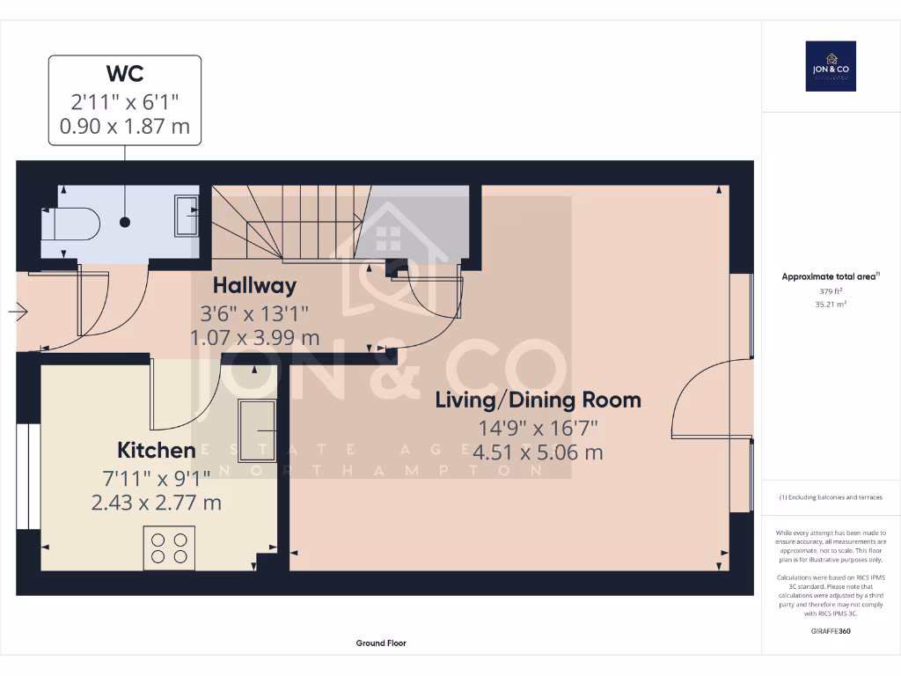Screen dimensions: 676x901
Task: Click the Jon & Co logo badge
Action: point(831,66)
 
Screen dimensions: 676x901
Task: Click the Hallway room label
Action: point(254,285)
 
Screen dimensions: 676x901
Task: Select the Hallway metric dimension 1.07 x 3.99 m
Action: point(254,336)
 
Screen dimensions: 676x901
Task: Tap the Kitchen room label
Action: point(157,451)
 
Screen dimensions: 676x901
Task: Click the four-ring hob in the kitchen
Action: point(169,547)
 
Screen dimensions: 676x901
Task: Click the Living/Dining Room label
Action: point(538,400)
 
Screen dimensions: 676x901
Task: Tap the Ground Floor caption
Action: point(381,643)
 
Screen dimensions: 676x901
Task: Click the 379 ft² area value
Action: point(831,292)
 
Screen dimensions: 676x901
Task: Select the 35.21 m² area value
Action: point(831,304)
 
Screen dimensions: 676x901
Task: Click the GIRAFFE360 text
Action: point(831,631)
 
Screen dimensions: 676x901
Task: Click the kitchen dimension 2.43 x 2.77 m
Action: point(157,503)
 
